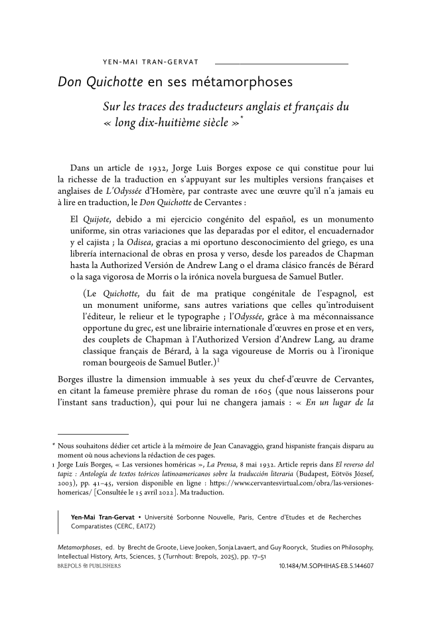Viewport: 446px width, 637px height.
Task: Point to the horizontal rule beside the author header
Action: [282, 63]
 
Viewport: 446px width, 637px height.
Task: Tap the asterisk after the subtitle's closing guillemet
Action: [243, 120]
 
